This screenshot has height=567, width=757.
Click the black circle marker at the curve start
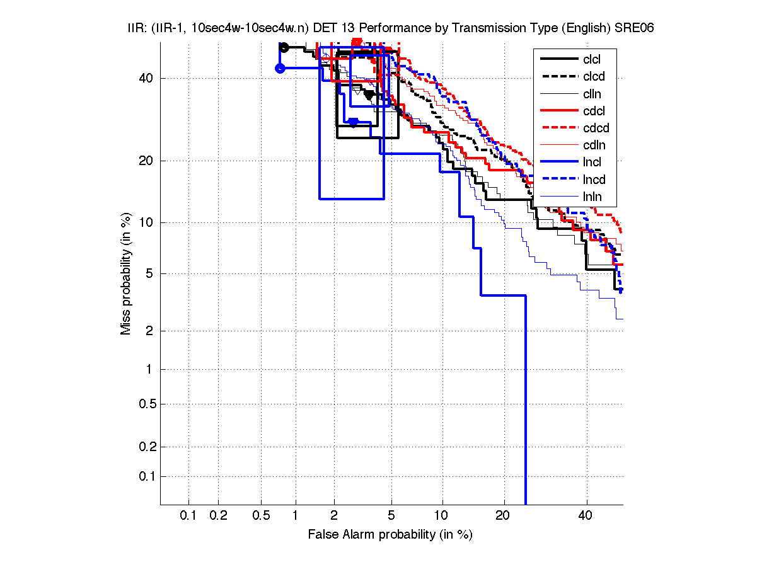coord(284,47)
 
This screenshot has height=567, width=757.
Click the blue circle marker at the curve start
coord(280,68)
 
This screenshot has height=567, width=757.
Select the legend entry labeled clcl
coord(592,59)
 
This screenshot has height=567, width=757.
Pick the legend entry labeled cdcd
coord(596,128)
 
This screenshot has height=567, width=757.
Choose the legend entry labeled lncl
coord(592,163)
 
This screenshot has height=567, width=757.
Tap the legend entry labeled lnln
coord(592,197)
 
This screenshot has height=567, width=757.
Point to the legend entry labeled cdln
coord(592,145)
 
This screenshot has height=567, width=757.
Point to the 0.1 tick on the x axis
coord(188,515)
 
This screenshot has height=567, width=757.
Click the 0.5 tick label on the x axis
coord(261,515)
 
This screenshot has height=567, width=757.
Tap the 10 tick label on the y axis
coord(144,222)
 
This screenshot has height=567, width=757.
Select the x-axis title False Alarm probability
coord(390,534)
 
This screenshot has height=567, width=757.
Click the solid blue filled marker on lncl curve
coord(354,122)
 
